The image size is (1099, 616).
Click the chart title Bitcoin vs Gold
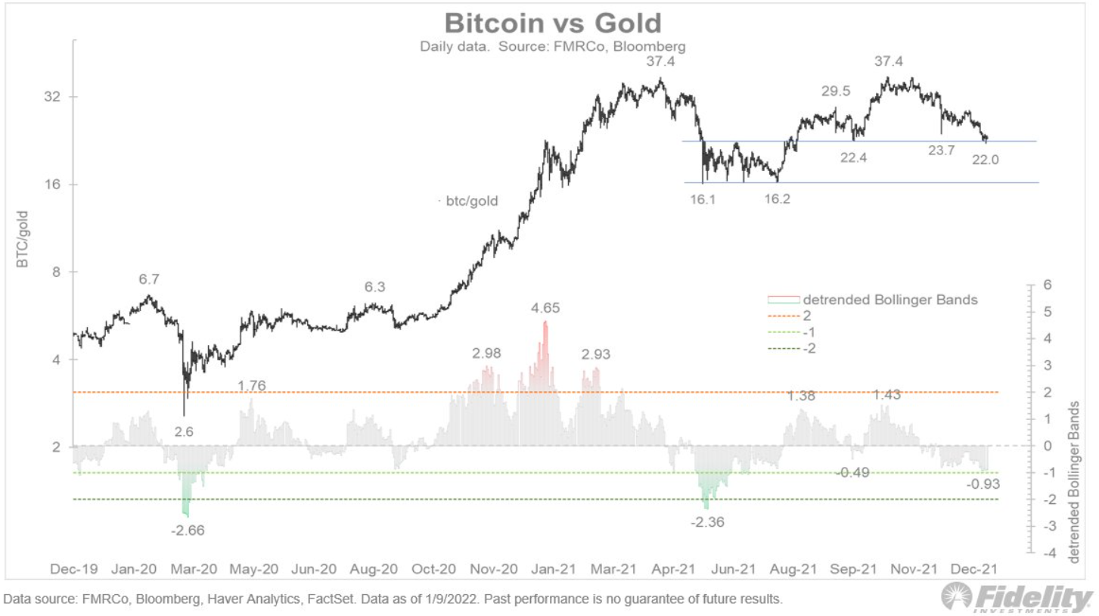(552, 23)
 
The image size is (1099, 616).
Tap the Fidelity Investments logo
(1017, 598)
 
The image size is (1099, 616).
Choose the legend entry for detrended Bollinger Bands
(890, 300)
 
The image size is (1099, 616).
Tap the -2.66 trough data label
(188, 530)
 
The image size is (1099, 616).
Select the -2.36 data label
(708, 521)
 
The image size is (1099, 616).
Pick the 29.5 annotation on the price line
(836, 92)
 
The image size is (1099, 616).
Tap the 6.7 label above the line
(149, 280)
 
